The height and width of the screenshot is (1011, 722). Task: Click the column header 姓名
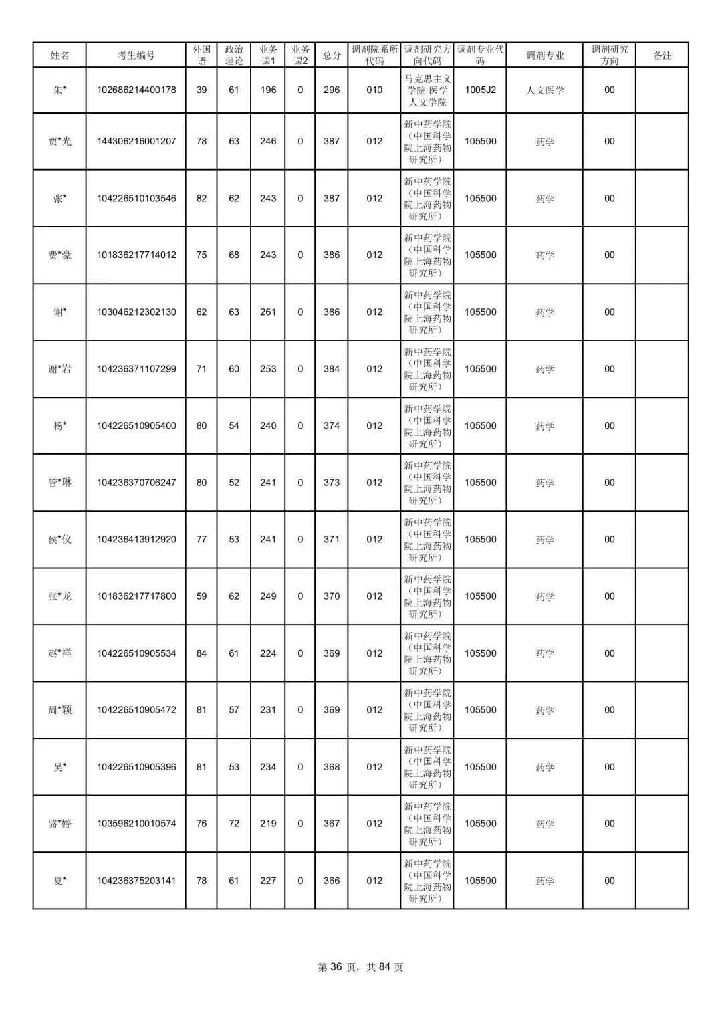click(x=59, y=55)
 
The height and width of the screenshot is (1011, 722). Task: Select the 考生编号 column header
click(x=136, y=55)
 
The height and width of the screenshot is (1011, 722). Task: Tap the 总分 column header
click(x=332, y=55)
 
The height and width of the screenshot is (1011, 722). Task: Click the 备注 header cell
click(x=662, y=55)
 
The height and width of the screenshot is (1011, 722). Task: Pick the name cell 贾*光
click(x=59, y=142)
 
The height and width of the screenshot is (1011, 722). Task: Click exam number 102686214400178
click(x=136, y=90)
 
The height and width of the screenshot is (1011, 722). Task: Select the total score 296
click(x=332, y=90)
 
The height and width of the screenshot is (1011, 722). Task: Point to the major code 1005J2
click(x=480, y=90)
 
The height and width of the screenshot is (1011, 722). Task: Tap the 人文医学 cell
click(x=545, y=90)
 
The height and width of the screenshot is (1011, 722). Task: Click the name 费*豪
click(x=59, y=255)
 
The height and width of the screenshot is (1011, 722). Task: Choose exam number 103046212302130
click(x=136, y=312)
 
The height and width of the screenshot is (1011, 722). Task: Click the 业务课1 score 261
click(x=268, y=312)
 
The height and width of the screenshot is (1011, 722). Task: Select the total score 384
click(x=332, y=369)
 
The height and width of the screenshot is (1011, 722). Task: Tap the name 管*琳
click(x=59, y=483)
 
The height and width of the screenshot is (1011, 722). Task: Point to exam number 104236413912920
click(x=136, y=540)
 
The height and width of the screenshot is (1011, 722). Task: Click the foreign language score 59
click(x=201, y=596)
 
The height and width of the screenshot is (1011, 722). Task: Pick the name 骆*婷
click(x=59, y=824)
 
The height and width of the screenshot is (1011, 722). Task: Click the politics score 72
click(x=234, y=824)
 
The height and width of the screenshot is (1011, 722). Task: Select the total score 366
click(x=332, y=881)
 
